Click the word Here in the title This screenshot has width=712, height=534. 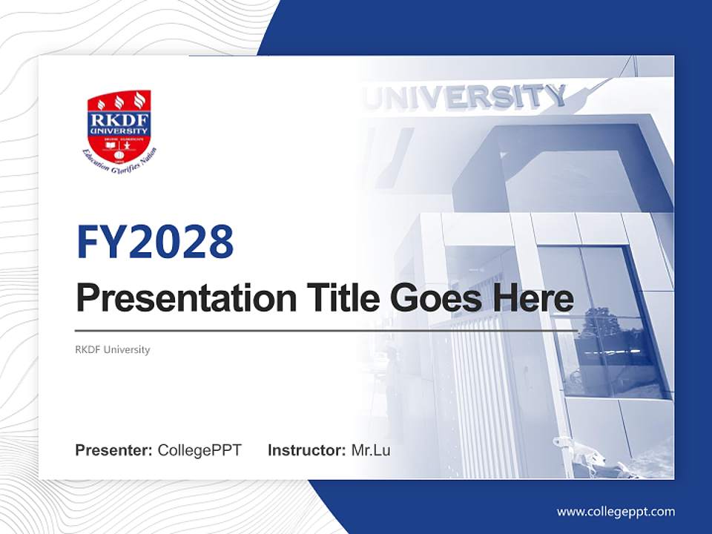tap(533, 298)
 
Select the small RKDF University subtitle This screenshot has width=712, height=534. tap(113, 349)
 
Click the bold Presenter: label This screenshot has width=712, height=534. tap(114, 450)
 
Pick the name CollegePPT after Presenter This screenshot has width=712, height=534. tap(200, 450)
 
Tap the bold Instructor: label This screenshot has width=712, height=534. tap(306, 450)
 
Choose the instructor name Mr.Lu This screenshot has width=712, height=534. tap(371, 450)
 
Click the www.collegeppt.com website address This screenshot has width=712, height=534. tap(616, 512)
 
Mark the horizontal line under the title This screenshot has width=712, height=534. tap(326, 331)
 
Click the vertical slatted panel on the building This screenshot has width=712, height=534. tap(486, 393)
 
